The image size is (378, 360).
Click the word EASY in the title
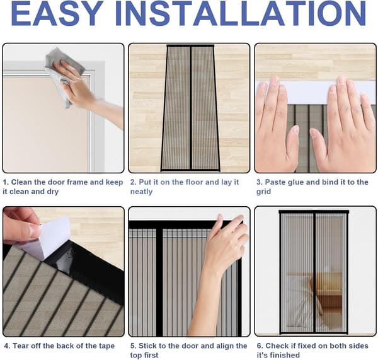tap(57, 13)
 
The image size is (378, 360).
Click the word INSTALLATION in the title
tap(241, 13)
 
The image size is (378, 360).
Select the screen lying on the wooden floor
tap(190, 108)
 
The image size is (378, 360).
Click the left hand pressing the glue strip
tap(277, 125)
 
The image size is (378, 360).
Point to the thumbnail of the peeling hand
tap(34, 230)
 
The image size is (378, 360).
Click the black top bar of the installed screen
tap(314, 212)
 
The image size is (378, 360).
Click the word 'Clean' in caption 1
tap(21, 182)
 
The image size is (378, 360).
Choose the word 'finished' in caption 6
tap(286, 355)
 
